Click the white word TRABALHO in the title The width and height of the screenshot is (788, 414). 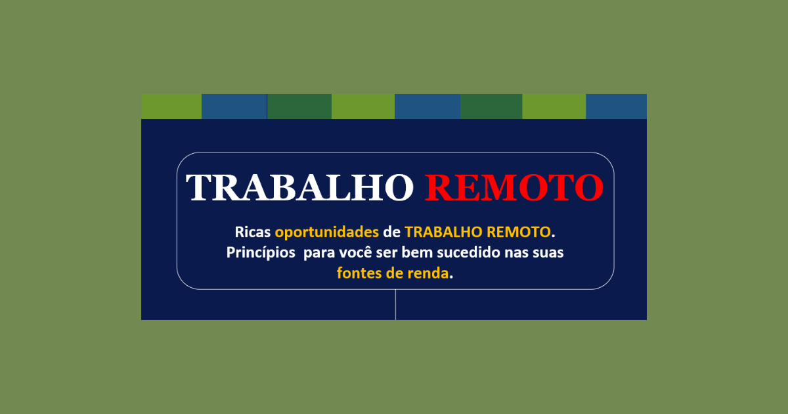click(x=299, y=187)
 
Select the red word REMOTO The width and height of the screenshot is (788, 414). click(x=514, y=187)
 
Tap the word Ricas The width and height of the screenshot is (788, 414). click(x=253, y=232)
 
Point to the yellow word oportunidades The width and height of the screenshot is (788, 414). click(x=327, y=233)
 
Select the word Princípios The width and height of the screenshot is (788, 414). click(x=261, y=253)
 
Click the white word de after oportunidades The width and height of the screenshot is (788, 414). click(x=392, y=232)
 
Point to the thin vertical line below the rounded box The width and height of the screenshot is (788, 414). click(x=396, y=305)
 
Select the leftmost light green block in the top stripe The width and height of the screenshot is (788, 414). click(x=171, y=106)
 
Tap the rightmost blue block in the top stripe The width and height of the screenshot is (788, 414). click(x=617, y=106)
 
